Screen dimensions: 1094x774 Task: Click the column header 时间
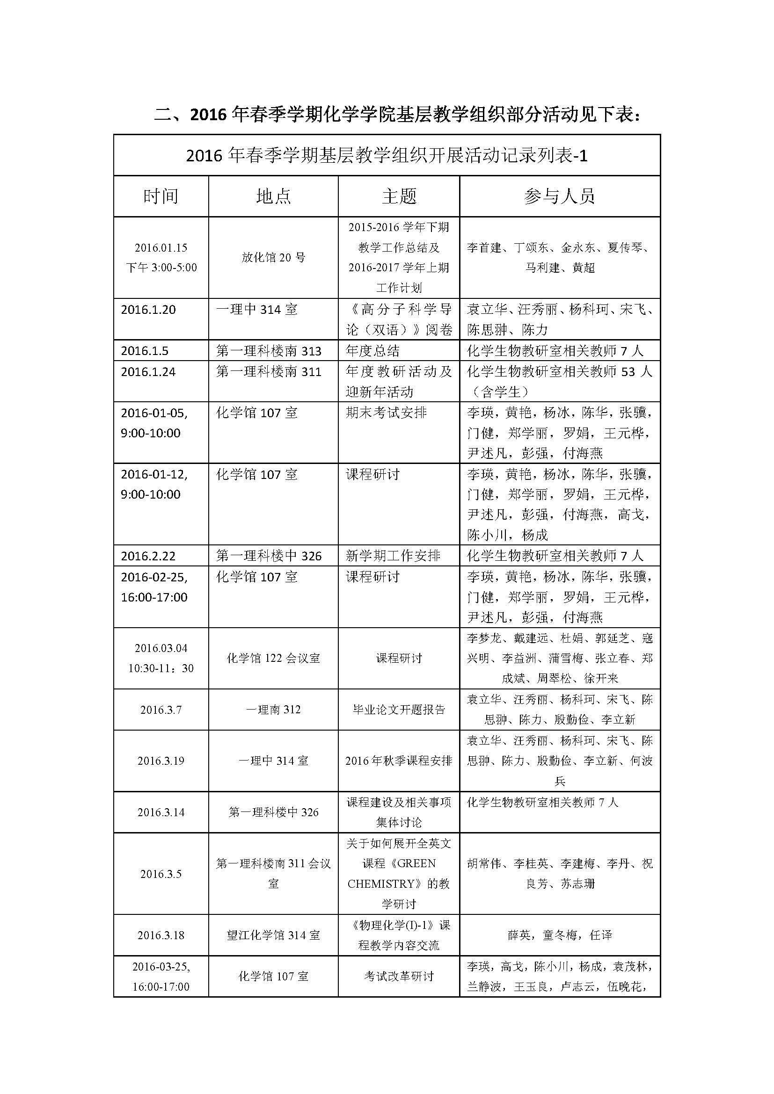[161, 196]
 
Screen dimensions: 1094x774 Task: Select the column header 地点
[273, 196]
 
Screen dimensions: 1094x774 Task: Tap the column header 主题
[399, 196]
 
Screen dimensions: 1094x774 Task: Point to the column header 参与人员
[560, 196]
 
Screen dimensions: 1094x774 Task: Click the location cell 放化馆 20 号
[273, 258]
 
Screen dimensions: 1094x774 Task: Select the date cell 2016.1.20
[148, 310]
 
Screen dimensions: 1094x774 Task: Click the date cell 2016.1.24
[148, 372]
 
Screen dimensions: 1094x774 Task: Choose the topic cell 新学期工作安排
[393, 556]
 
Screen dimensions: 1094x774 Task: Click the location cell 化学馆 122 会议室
[273, 659]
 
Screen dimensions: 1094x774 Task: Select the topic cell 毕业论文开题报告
[399, 710]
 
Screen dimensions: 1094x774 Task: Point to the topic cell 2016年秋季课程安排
[399, 761]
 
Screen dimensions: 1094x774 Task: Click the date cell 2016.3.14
[161, 812]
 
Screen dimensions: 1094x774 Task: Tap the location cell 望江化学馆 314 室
[273, 935]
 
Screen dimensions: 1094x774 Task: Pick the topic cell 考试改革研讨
[399, 977]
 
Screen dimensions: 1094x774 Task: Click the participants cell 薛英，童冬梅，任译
[560, 935]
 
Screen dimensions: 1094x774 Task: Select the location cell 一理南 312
[273, 710]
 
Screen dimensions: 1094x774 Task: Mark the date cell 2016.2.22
[148, 556]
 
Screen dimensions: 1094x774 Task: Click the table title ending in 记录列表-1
[387, 156]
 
